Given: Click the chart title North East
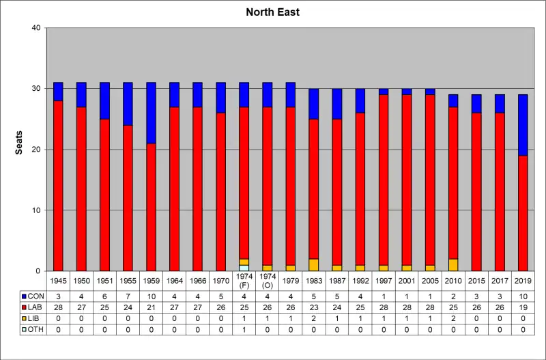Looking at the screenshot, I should click(273, 12).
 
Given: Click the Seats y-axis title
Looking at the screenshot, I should click(20, 142).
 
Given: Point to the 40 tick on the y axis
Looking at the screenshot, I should click(36, 28).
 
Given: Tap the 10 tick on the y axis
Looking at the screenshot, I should click(36, 210).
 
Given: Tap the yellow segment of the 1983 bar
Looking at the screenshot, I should click(313, 265).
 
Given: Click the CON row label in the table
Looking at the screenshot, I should click(32, 296).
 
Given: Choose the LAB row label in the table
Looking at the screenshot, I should click(32, 308).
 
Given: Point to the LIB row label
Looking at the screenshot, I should click(32, 319).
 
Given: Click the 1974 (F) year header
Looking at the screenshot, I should click(244, 281).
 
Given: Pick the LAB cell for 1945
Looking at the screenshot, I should click(58, 308).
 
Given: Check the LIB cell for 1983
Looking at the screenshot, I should click(313, 319).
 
